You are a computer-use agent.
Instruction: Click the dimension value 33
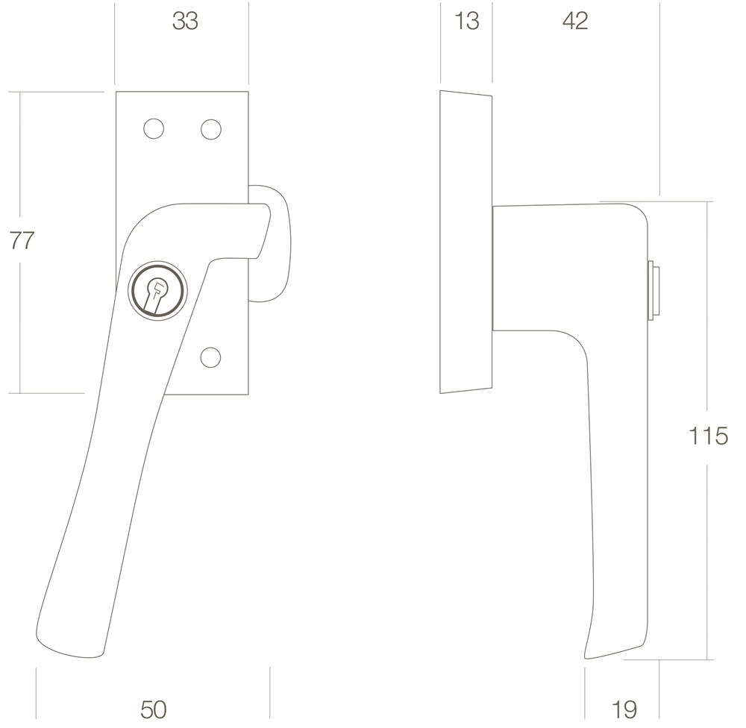click(x=185, y=22)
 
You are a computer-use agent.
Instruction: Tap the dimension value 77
click(x=22, y=240)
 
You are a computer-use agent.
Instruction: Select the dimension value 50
click(x=153, y=709)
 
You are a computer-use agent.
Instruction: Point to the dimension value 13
click(x=467, y=22)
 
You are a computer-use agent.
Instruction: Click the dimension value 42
click(x=574, y=22)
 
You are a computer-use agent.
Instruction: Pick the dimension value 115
click(x=708, y=436)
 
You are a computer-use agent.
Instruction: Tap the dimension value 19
click(x=624, y=709)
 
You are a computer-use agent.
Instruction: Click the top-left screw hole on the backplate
click(x=154, y=129)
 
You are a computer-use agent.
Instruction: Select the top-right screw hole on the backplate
click(x=211, y=129)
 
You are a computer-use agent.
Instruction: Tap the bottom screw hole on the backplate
click(x=211, y=357)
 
